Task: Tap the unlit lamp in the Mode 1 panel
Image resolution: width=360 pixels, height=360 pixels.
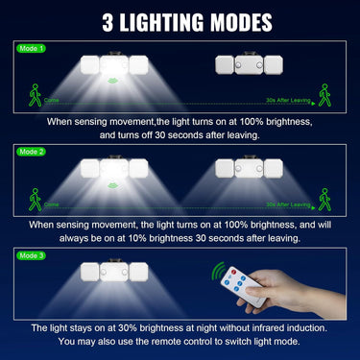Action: coord(248,64)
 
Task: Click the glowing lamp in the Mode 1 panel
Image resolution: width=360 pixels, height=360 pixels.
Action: coord(113,63)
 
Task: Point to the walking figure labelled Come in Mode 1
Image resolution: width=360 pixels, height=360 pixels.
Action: coord(36,96)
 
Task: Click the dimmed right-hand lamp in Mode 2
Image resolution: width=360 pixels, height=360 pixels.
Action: coord(247,167)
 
